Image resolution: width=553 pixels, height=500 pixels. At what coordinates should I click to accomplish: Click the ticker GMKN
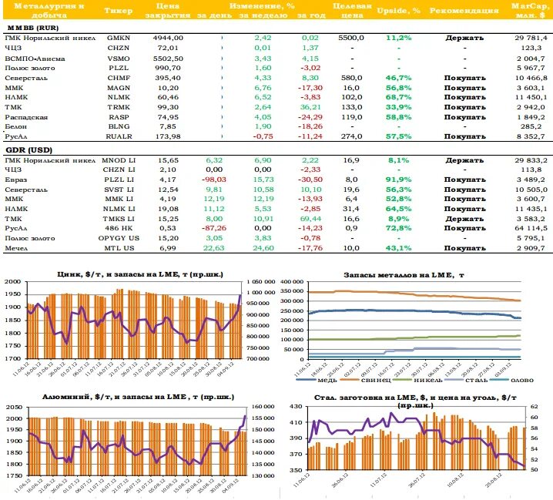click(119, 37)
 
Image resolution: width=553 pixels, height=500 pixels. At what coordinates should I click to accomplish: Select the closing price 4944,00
click(169, 37)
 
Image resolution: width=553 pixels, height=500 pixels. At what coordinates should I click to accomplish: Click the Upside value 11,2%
click(398, 37)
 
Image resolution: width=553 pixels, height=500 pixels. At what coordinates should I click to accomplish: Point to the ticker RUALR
click(119, 136)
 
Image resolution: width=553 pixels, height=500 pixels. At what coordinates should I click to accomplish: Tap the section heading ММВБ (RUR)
click(28, 26)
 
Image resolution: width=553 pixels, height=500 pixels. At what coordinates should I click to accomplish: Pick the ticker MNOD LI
click(119, 160)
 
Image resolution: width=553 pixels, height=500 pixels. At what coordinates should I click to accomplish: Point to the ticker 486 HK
click(119, 228)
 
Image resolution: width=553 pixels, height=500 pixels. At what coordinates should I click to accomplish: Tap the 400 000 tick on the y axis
click(290, 282)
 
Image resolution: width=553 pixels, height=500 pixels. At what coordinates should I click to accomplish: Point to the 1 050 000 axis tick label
click(260, 282)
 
